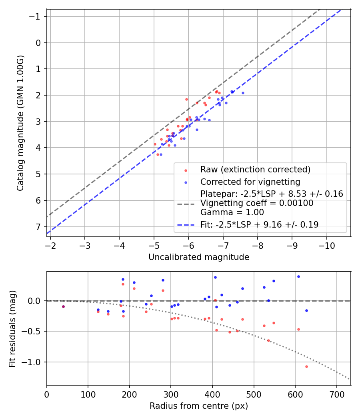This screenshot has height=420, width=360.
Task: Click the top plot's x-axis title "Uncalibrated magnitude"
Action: [199, 257]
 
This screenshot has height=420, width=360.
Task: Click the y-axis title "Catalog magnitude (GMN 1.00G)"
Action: [20, 123]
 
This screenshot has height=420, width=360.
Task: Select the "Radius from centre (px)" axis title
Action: [199, 406]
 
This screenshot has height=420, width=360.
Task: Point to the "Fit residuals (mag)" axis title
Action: [12, 328]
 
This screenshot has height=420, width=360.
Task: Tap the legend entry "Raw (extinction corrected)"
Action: [255, 170]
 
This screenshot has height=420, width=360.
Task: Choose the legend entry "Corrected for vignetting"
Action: [250, 182]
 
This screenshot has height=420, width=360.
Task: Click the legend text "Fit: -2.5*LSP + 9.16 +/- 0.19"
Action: [259, 225]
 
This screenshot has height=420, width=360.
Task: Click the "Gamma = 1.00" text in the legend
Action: [224, 212]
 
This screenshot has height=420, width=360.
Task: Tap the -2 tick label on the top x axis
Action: [50, 245]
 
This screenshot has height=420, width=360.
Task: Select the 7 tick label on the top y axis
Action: [38, 227]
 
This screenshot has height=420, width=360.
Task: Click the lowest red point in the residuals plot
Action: [306, 366]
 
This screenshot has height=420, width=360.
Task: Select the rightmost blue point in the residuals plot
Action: [306, 310]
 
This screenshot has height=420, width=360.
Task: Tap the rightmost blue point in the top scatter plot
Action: [243, 93]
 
